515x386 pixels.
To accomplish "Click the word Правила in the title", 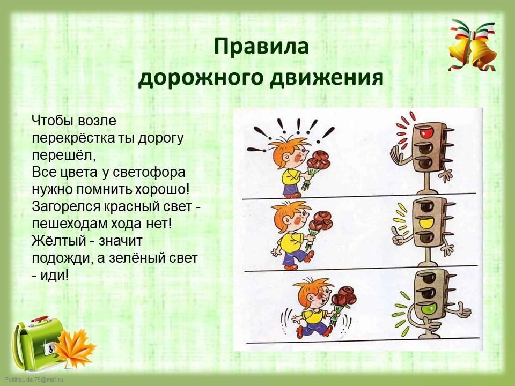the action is tap(261, 46).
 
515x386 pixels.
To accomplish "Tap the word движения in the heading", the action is tap(327, 78).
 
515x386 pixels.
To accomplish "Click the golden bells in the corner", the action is tap(473, 46).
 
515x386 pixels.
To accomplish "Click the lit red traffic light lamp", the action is tap(426, 132).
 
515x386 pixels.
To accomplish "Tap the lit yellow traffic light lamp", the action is tap(426, 223).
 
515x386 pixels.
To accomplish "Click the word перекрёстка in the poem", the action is tap(73, 138).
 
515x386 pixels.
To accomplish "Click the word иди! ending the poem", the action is tap(55, 274).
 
